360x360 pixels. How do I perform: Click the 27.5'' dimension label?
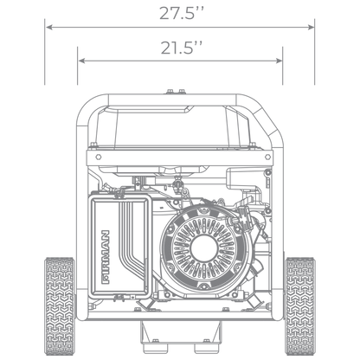pyautogui.click(x=182, y=13)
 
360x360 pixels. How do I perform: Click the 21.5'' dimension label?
pyautogui.click(x=182, y=48)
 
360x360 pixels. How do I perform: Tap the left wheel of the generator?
pyautogui.click(x=60, y=306)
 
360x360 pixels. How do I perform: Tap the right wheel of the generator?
pyautogui.click(x=299, y=306)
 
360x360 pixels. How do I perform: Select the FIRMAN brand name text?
pyautogui.click(x=106, y=257)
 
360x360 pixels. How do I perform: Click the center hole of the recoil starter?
pyautogui.click(x=204, y=249)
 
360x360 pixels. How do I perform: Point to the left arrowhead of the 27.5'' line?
pyautogui.click(x=49, y=27)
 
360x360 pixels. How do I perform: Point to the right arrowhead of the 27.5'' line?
pyautogui.click(x=311, y=27)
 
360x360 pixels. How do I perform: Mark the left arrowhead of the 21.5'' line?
pyautogui.click(x=81, y=61)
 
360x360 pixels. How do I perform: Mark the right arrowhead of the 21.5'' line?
pyautogui.click(x=279, y=61)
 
